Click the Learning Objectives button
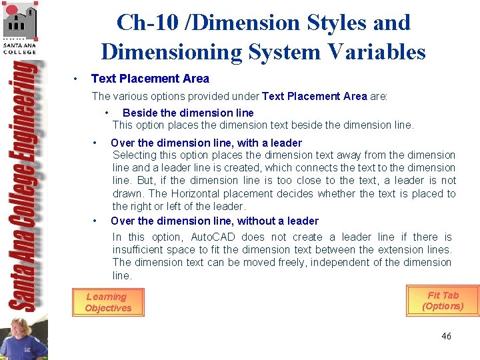click(107, 302)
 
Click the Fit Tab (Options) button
click(443, 301)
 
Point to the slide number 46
click(446, 336)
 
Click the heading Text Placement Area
click(150, 79)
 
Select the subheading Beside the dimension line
click(188, 113)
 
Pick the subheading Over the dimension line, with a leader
click(206, 143)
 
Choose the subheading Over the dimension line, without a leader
click(215, 221)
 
